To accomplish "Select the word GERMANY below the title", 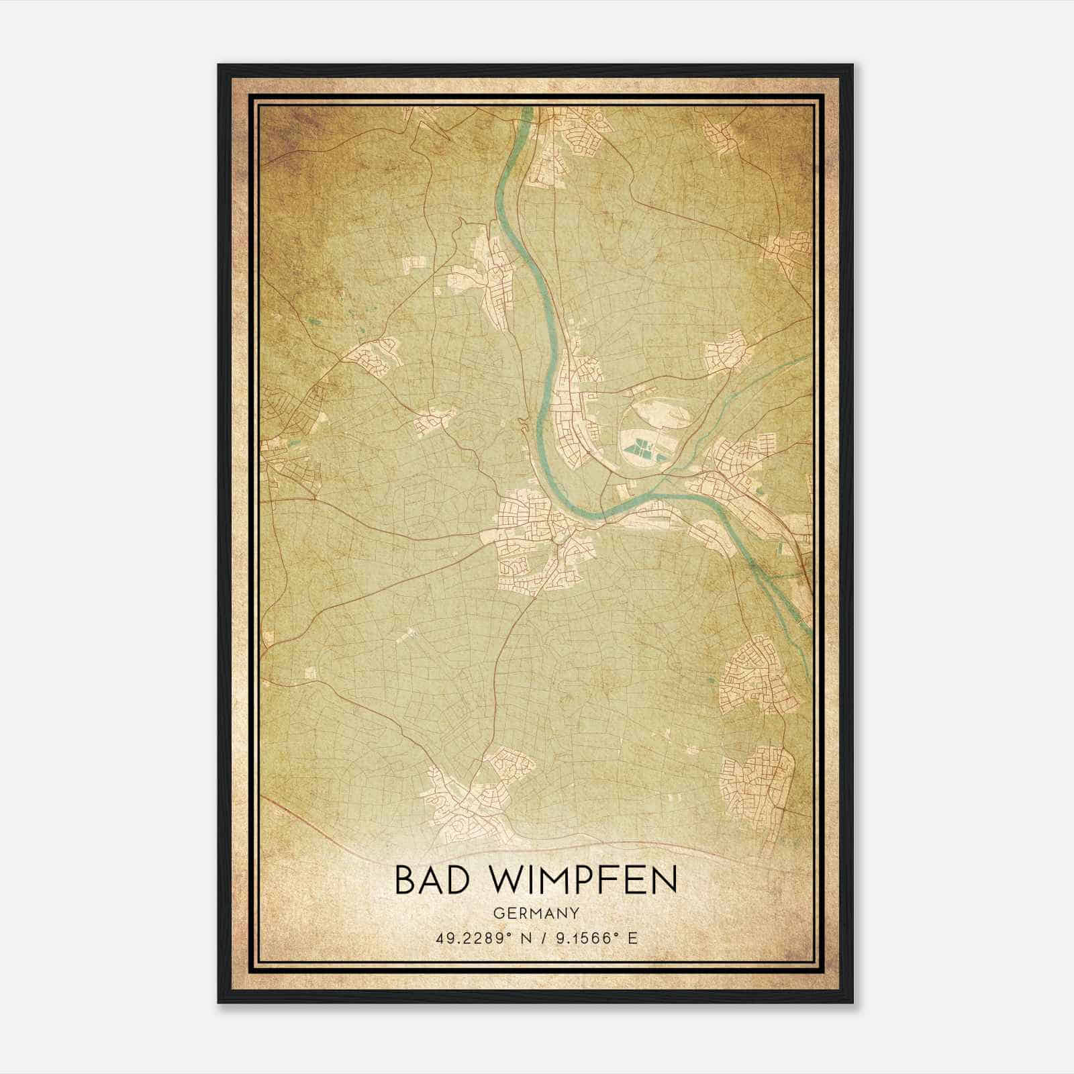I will (536, 913).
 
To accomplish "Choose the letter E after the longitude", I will (632, 938).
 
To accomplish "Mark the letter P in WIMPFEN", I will (583, 880).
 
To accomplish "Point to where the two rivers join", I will (665, 481).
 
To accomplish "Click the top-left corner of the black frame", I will (219, 65).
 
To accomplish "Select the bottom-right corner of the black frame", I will (852, 1003).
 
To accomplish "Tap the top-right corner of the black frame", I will (852, 65).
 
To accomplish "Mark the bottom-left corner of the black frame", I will (219, 1003).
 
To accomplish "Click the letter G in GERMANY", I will (497, 913).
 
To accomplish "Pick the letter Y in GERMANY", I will (575, 913).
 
